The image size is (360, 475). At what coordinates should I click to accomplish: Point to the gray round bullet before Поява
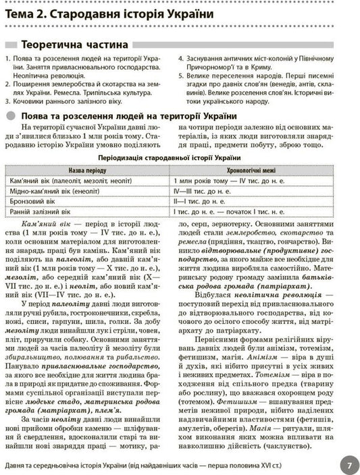pos(11,116)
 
